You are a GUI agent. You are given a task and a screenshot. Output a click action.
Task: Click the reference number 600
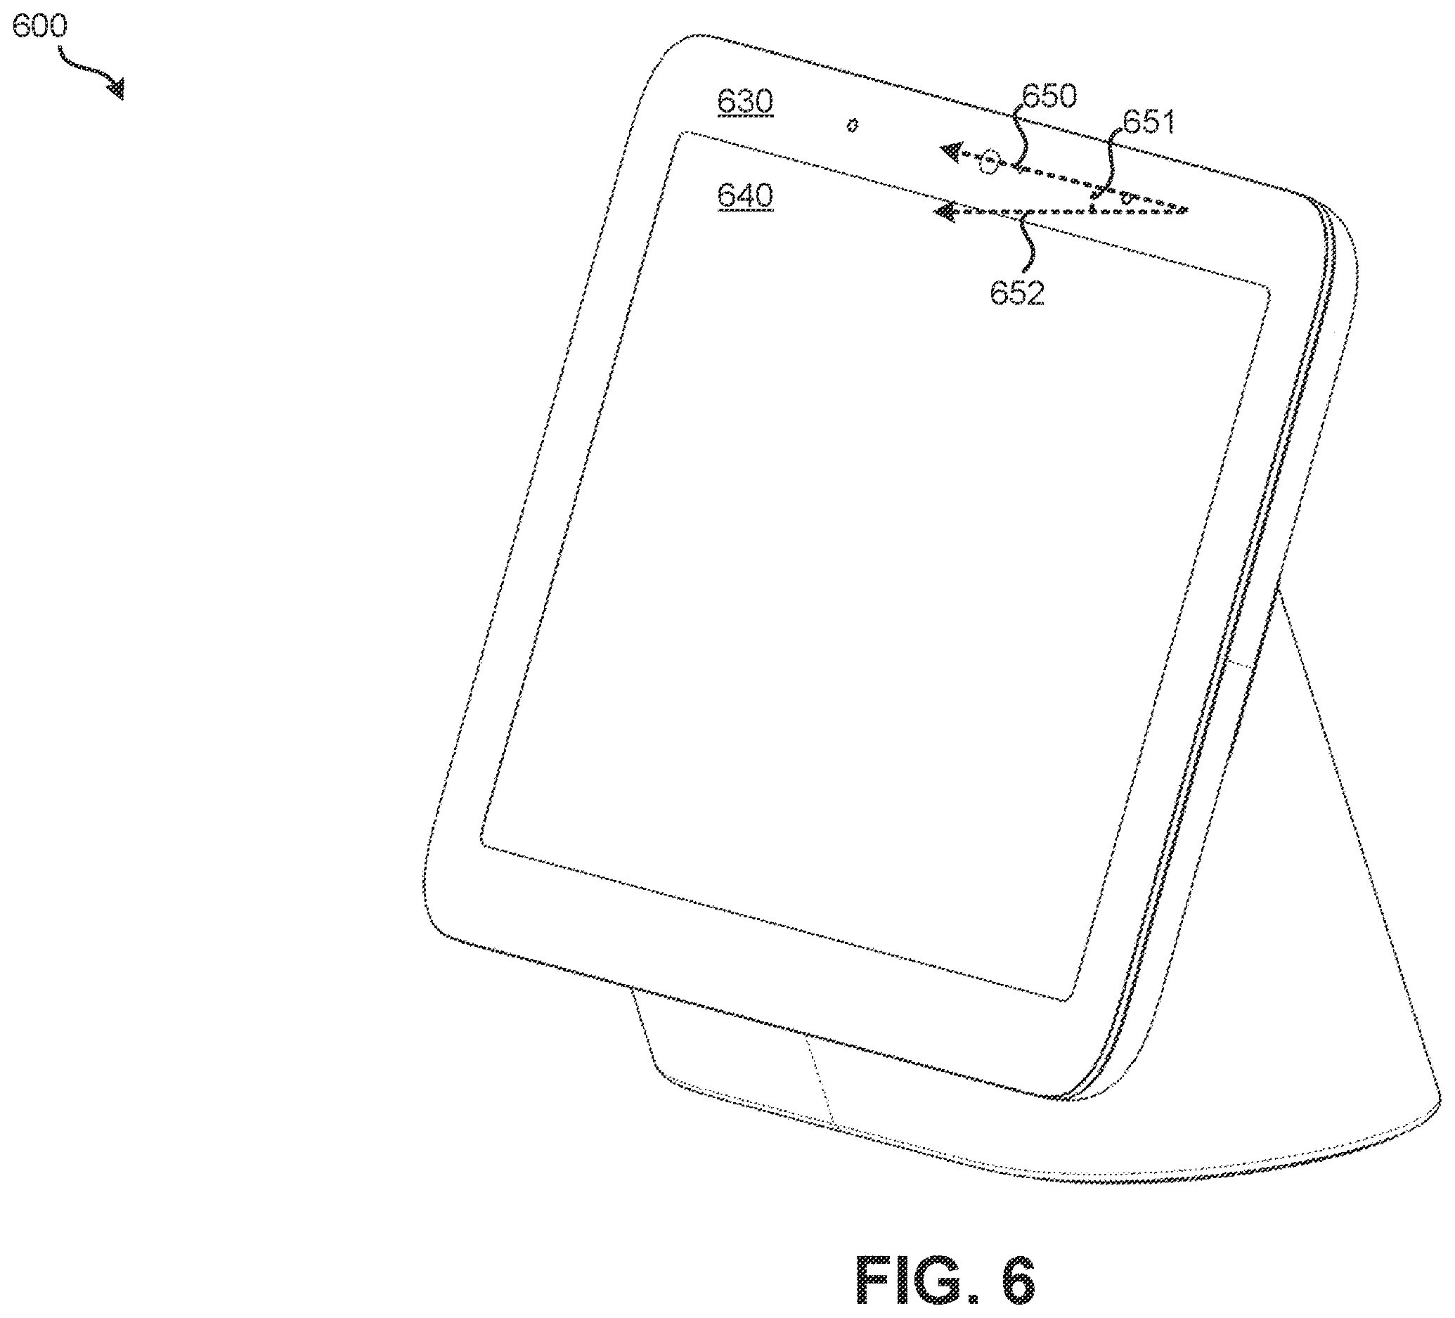click(39, 26)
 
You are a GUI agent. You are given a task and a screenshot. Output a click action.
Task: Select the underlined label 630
click(745, 102)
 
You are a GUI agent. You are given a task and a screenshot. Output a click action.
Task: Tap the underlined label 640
click(745, 195)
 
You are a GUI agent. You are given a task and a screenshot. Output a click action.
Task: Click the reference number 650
click(1049, 96)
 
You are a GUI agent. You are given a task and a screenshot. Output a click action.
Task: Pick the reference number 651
click(1149, 122)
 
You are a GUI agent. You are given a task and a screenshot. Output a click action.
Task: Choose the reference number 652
click(1017, 293)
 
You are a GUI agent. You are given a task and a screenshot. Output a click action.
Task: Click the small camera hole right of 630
click(852, 126)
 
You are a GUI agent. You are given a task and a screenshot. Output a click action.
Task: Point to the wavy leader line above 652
click(1028, 245)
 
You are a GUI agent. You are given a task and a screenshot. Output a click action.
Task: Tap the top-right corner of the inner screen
click(1267, 290)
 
